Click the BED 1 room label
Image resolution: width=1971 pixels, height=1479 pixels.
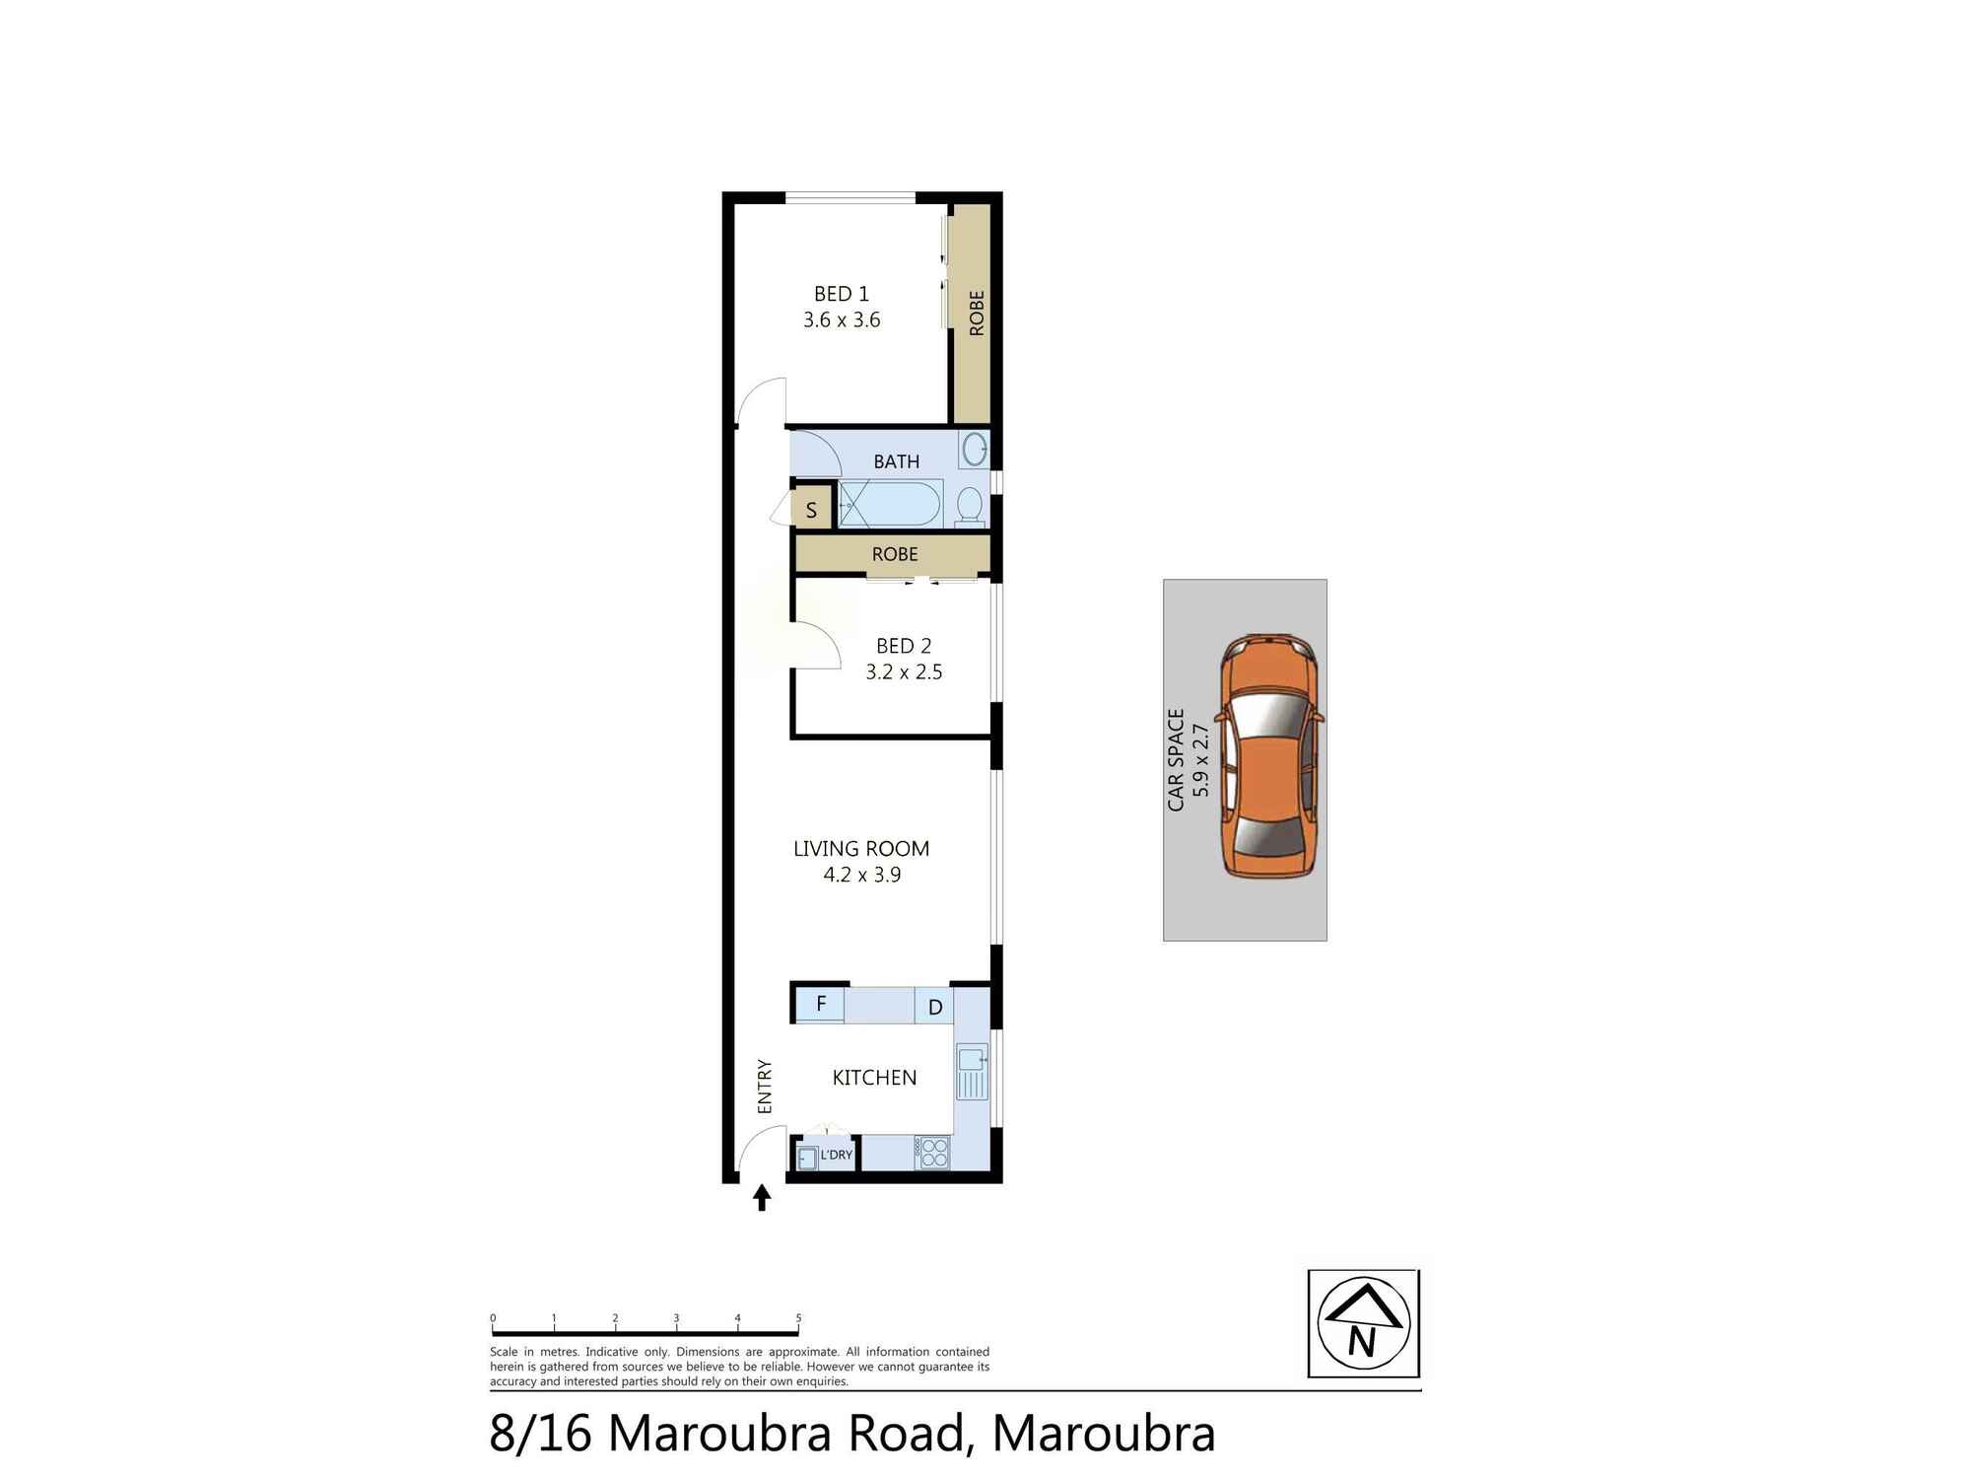pos(841,294)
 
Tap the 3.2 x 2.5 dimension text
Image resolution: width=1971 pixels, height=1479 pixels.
pos(904,672)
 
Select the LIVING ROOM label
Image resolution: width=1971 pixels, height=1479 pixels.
pos(861,849)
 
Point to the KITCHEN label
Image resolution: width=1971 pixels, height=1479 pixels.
pos(874,1078)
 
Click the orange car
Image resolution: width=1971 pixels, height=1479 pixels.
pos(1270,757)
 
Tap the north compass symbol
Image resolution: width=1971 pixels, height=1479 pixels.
pos(1364,1323)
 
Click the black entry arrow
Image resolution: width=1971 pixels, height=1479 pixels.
pos(762,1198)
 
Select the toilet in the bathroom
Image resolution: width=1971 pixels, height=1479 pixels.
pos(970,507)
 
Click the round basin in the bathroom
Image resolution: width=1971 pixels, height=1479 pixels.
pos(975,449)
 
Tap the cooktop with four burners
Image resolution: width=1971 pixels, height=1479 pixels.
pos(932,1154)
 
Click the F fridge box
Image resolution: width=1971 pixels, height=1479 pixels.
pos(821,1005)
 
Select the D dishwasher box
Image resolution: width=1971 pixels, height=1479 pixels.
pos(935,1007)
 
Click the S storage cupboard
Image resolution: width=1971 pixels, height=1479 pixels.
pos(811,510)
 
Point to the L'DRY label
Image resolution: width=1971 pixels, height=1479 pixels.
pos(836,1155)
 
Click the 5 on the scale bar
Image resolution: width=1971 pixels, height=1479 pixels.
pos(798,1318)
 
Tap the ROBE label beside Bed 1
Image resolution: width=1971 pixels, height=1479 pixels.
pos(976,313)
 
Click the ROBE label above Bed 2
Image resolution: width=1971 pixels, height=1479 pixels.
pos(895,554)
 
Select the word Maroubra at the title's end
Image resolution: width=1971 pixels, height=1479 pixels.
pos(1104,1434)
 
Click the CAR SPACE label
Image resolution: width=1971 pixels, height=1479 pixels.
pos(1176,759)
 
